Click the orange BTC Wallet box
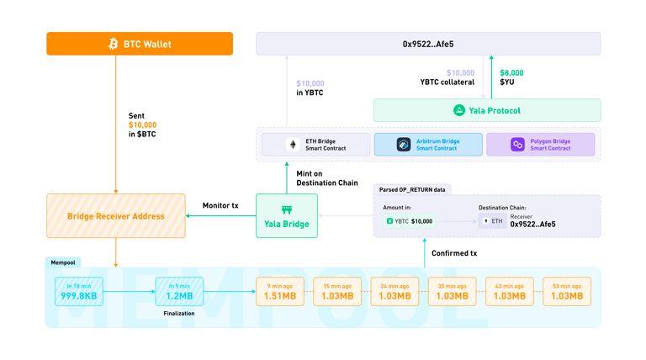click(x=140, y=44)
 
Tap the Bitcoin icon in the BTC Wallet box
click(x=114, y=44)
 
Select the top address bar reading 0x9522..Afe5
click(x=428, y=44)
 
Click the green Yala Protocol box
click(x=487, y=110)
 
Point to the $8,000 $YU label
click(x=511, y=77)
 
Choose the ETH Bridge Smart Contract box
click(x=315, y=145)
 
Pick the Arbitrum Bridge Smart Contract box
click(x=428, y=145)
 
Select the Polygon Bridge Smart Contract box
click(x=540, y=145)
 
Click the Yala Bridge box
click(x=287, y=215)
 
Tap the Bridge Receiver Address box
click(x=115, y=216)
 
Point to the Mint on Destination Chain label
click(x=327, y=178)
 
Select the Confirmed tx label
click(x=454, y=253)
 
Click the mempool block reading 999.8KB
click(x=78, y=292)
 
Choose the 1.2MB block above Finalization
click(x=179, y=292)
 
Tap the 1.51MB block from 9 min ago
click(x=279, y=292)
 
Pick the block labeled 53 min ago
click(x=566, y=292)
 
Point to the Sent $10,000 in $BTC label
click(x=142, y=124)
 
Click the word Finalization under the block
click(x=179, y=313)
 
